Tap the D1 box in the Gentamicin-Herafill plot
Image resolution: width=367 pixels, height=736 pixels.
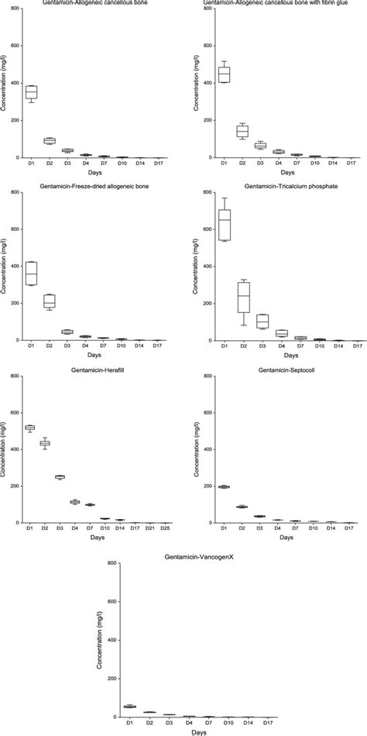pos(30,428)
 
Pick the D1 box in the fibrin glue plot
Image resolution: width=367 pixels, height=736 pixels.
pos(225,74)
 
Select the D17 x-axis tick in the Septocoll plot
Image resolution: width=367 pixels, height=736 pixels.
pos(352,529)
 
